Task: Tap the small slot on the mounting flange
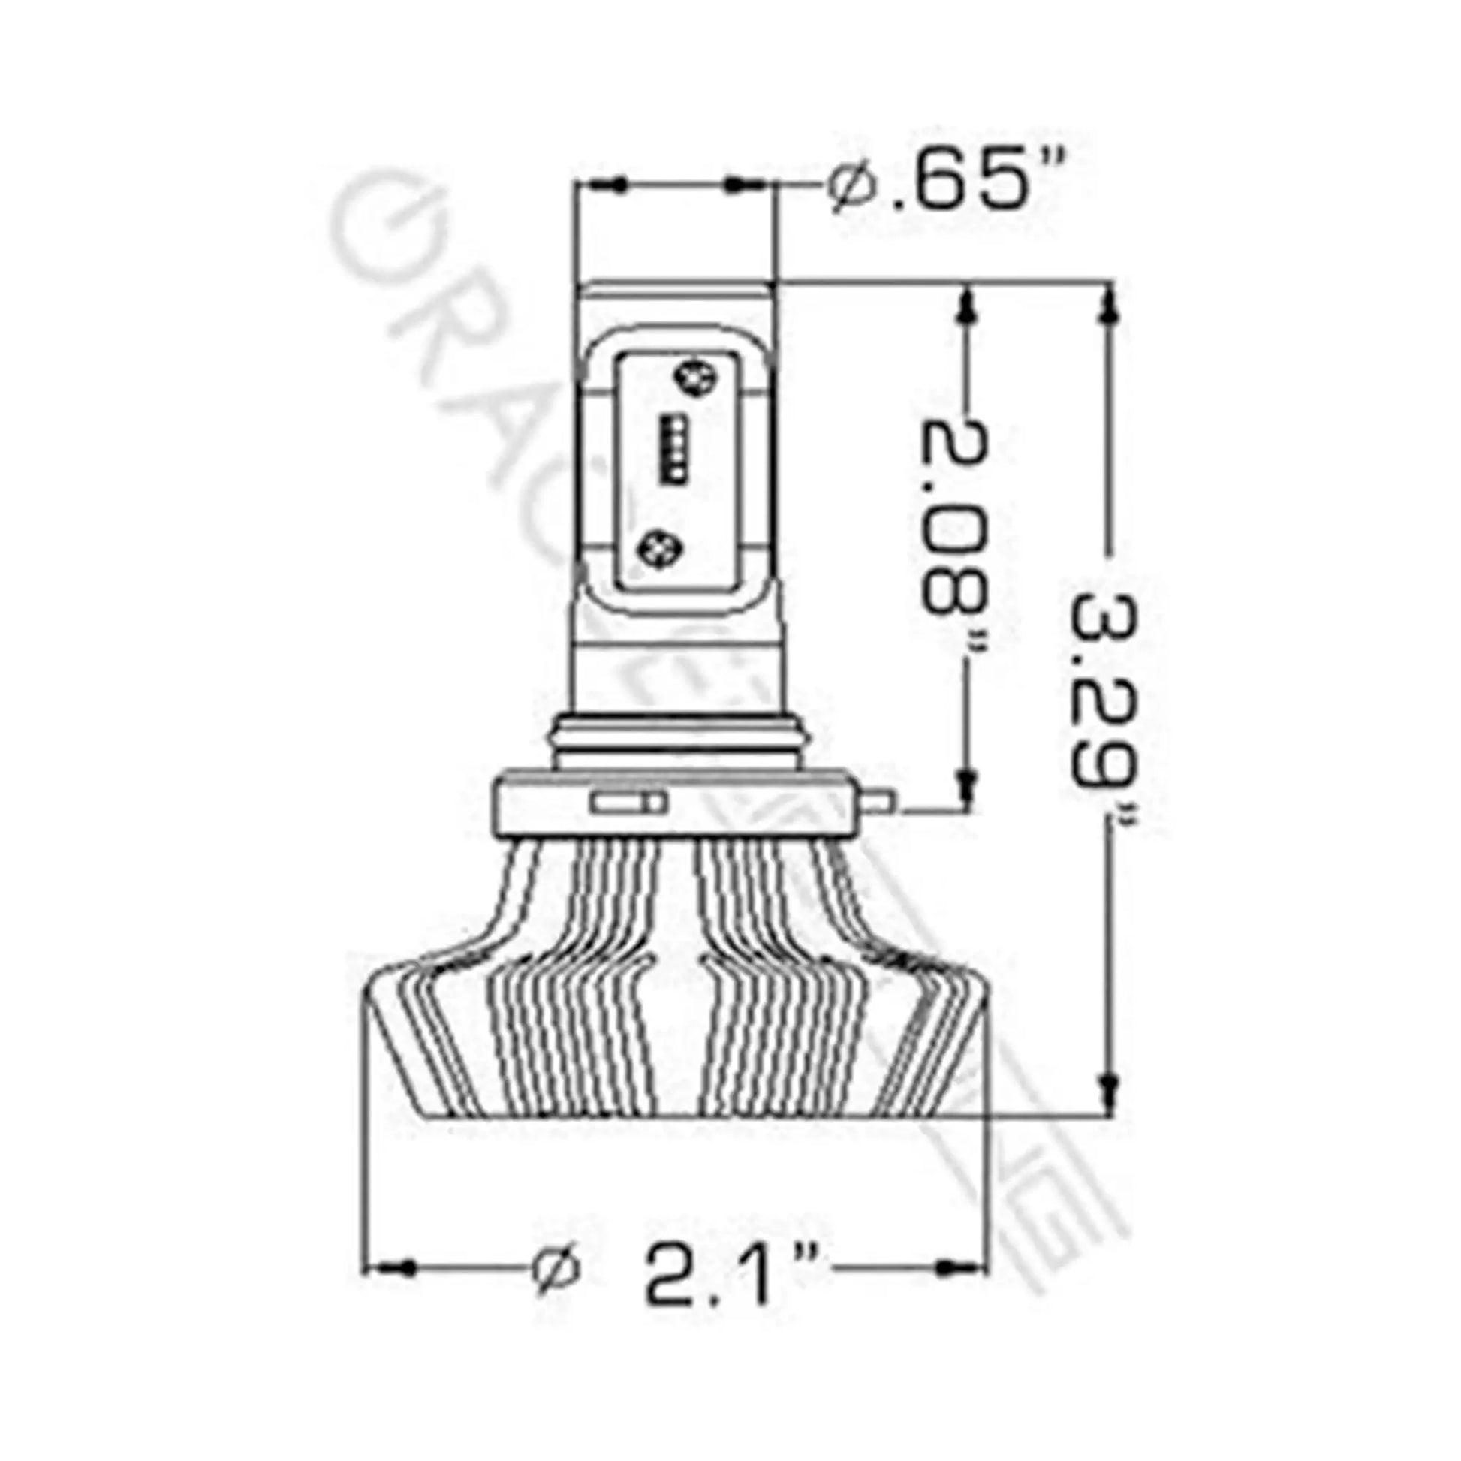(x=628, y=801)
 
